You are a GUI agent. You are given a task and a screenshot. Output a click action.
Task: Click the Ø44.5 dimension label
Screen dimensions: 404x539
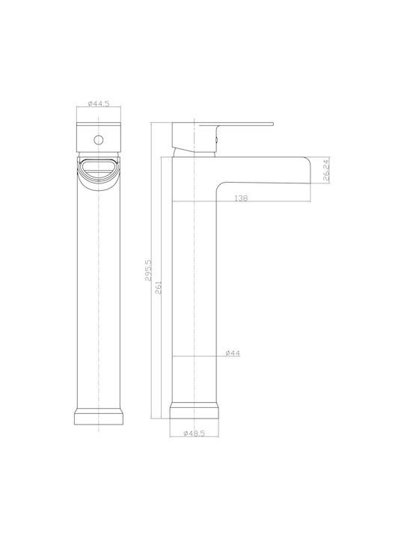click(99, 103)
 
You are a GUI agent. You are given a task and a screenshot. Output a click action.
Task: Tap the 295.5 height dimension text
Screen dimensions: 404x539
click(148, 270)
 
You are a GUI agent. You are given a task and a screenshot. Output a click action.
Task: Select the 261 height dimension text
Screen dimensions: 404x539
click(159, 287)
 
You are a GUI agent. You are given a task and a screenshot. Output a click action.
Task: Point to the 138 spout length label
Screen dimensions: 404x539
click(240, 198)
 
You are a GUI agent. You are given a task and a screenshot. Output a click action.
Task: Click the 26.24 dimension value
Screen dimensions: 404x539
click(326, 170)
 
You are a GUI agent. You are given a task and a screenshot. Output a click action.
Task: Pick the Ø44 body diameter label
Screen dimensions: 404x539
click(233, 353)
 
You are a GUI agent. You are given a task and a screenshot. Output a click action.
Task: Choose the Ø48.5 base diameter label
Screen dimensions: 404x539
click(194, 433)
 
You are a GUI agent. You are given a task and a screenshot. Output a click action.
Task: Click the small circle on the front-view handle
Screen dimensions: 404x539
click(99, 140)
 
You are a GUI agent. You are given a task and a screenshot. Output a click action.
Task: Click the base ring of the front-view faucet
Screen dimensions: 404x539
click(99, 416)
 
